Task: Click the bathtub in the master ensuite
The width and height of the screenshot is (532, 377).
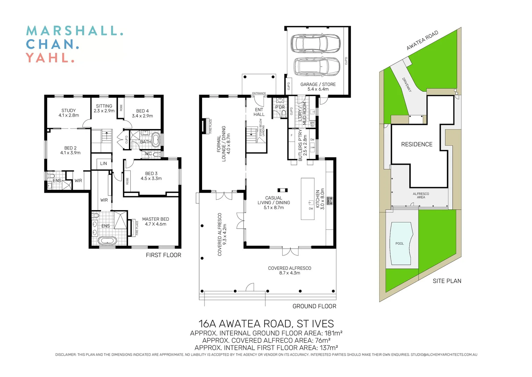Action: [107, 241]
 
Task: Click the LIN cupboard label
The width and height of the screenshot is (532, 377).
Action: [103, 163]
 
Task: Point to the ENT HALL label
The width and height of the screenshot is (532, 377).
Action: [259, 112]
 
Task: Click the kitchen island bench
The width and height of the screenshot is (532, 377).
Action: [308, 199]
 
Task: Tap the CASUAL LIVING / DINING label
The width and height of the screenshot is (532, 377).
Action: [274, 202]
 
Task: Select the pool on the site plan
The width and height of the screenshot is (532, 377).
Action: [401, 243]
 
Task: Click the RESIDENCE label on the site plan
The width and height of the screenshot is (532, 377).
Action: [417, 144]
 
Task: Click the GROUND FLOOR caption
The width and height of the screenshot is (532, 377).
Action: [314, 306]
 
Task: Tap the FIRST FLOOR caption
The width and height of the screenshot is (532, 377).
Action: [163, 255]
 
